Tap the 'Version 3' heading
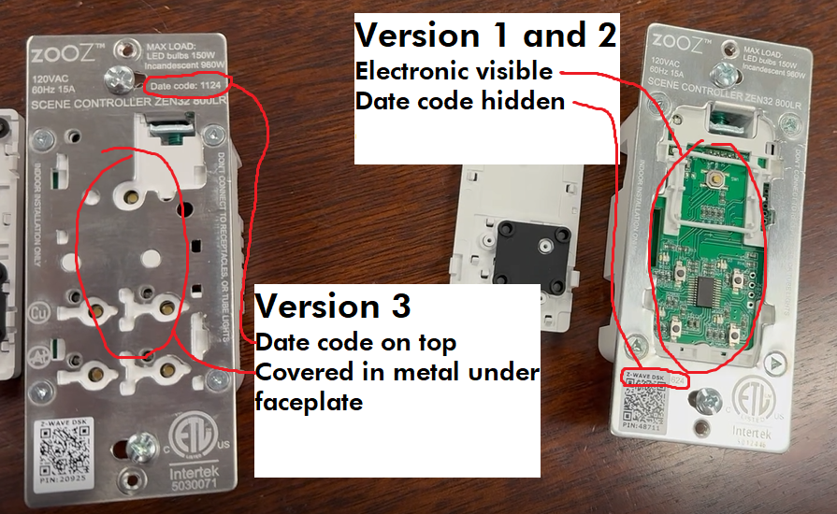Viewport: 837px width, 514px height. pos(332,306)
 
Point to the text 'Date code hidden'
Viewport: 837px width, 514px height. pos(460,101)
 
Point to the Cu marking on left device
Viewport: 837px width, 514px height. pos(41,310)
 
